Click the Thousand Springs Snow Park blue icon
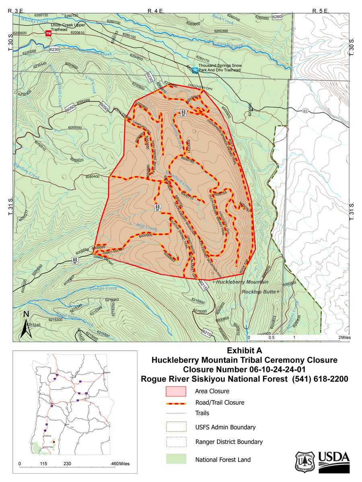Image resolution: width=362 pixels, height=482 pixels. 195,69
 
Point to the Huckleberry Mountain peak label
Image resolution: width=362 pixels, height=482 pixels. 237,282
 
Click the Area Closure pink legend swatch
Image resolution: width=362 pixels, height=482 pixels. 176,391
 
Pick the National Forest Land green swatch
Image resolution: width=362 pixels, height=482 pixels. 176,460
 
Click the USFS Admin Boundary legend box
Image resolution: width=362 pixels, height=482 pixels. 176,427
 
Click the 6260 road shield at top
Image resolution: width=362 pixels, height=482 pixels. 278,17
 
